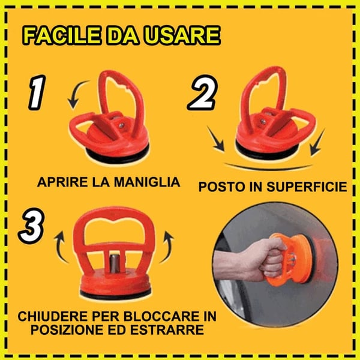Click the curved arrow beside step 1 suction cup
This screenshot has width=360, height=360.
[75, 97]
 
